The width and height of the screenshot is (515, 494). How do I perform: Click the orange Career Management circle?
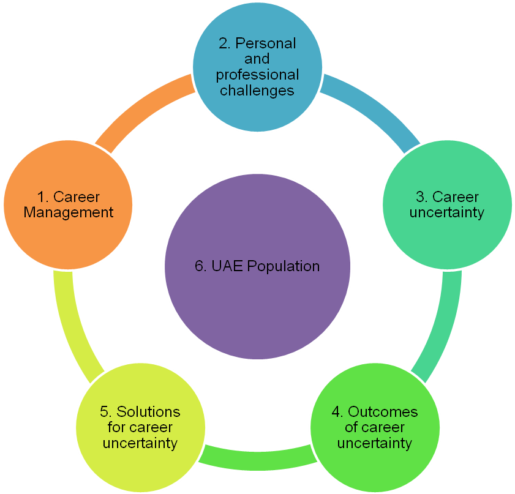coord(67,205)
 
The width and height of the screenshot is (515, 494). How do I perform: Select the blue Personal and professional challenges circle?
coord(257,67)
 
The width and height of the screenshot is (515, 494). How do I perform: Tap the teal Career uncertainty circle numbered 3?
coord(447,205)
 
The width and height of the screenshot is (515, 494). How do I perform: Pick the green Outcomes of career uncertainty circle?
coord(374,427)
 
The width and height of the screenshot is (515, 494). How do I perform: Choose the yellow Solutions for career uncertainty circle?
coord(140,427)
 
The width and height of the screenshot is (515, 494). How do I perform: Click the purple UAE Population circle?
coord(257,266)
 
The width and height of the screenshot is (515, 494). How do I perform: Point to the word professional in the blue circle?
coord(257,75)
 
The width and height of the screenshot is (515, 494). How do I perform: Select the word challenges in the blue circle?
coord(257,91)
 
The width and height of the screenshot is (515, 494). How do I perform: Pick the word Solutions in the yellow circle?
coord(148,411)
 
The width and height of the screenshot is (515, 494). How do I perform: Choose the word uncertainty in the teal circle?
coord(447,213)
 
